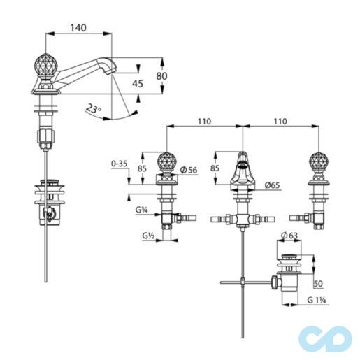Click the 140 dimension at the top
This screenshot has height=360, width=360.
coord(78,27)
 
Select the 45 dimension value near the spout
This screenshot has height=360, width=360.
coord(138,84)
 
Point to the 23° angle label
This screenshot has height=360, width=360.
coord(92,108)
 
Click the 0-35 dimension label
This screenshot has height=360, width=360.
coord(120,165)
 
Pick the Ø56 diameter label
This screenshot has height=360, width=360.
coord(187,169)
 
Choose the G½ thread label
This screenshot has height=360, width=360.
coord(147,236)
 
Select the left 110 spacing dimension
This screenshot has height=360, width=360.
coord(203,122)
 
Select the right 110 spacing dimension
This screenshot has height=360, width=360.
coord(280,122)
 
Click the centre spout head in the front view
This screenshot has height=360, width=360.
coord(241,166)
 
